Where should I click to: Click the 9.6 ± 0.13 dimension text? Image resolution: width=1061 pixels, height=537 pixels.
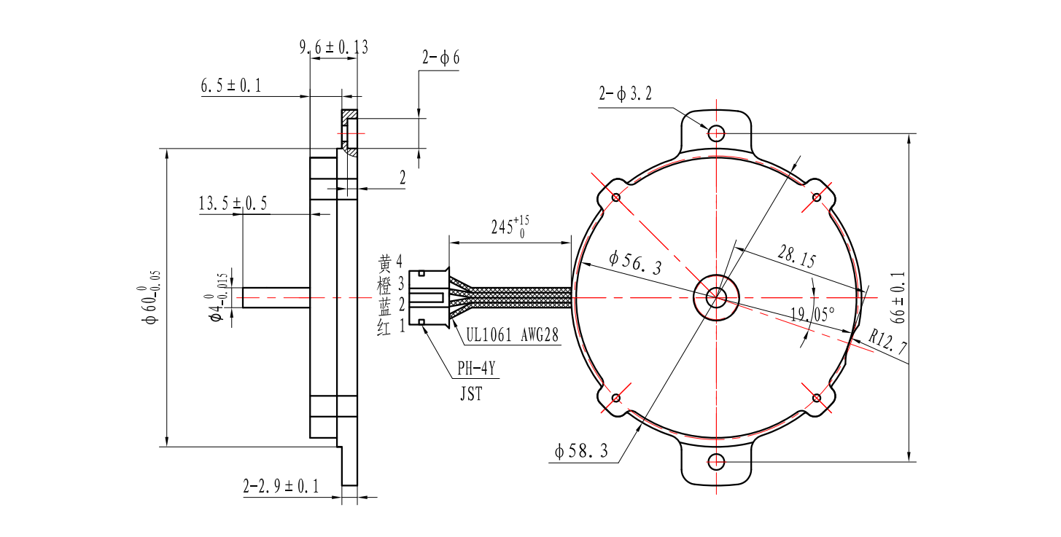click(333, 47)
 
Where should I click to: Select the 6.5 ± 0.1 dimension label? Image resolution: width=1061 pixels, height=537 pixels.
click(231, 86)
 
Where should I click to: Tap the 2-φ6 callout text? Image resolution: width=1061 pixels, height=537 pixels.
click(440, 58)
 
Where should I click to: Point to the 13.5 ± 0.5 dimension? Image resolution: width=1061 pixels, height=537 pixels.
click(233, 204)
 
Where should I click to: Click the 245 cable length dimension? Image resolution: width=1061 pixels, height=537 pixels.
click(508, 227)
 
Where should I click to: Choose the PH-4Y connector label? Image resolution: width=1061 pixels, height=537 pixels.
click(476, 369)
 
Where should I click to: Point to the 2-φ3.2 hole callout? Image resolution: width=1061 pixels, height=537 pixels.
click(624, 94)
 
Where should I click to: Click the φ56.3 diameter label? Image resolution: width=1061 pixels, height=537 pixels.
click(634, 262)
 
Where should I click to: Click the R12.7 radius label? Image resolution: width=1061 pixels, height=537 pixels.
click(888, 345)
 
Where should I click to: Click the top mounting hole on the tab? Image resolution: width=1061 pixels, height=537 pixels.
click(716, 133)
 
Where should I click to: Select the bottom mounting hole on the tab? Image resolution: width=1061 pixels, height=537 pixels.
click(716, 461)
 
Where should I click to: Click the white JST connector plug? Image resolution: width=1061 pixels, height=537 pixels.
click(429, 297)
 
